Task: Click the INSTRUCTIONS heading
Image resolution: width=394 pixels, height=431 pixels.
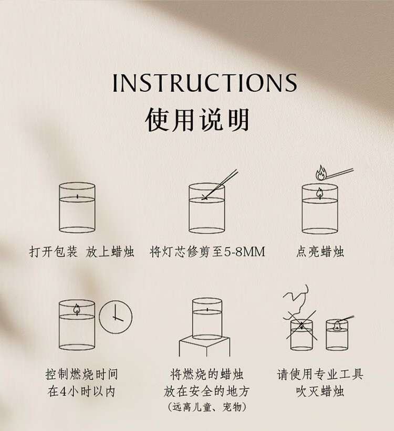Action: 205,82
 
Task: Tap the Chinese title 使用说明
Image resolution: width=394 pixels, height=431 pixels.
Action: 197,120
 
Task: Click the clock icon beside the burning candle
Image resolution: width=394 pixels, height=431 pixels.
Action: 116,317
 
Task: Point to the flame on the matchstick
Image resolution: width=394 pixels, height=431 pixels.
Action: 320,173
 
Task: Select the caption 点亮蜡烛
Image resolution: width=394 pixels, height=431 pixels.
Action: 320,252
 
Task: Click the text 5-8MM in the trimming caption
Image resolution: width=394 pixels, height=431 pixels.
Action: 245,252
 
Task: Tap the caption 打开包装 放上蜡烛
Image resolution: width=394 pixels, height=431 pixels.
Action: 82,252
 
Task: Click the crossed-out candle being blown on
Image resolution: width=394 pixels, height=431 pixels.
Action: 302,334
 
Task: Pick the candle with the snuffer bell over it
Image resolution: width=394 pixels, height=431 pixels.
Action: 337,335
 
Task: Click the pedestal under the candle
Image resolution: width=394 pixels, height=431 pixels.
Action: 205,346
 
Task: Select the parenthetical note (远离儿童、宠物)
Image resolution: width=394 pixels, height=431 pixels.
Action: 206,407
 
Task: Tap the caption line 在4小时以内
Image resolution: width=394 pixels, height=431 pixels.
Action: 81,392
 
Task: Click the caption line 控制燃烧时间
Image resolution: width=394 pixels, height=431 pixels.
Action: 82,374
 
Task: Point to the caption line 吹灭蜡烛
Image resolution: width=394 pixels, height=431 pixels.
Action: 320,392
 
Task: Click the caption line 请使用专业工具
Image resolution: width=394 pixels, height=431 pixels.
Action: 320,374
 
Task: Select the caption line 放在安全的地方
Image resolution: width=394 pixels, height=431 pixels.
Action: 206,392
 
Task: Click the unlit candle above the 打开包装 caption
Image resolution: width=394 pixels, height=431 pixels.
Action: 77,207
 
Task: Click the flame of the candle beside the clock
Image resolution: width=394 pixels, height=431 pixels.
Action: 77,309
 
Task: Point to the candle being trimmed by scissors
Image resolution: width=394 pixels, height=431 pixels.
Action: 206,208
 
